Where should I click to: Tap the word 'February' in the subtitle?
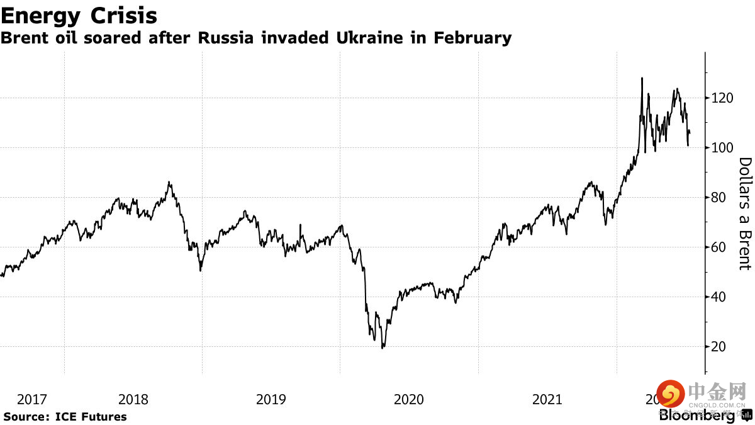[472, 38]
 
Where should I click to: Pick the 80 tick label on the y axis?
[719, 198]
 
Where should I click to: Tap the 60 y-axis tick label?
[719, 247]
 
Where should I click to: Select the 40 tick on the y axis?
[719, 297]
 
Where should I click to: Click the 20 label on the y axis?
[719, 347]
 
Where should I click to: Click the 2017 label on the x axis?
[31, 399]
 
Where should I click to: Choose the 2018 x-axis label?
[133, 399]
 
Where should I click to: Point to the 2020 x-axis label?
[408, 399]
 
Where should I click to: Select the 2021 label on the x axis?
[547, 399]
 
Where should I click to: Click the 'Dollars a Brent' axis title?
[745, 213]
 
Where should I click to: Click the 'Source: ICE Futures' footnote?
[65, 417]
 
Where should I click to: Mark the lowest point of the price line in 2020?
[383, 348]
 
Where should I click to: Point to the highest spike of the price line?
[642, 78]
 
